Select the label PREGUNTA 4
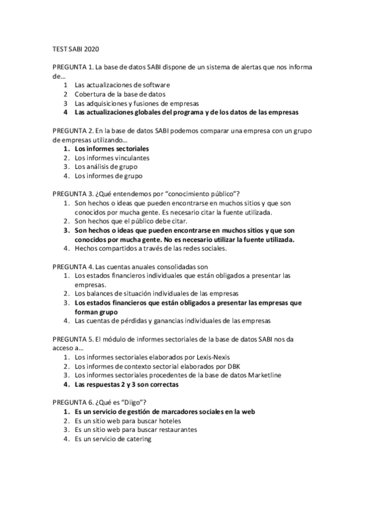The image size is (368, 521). click(72, 267)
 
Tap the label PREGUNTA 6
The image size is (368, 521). click(72, 401)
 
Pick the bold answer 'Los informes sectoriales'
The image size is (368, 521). click(112, 149)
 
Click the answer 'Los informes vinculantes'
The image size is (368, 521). click(112, 157)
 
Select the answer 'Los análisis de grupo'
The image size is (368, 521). click(106, 166)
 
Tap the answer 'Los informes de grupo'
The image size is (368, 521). click(108, 175)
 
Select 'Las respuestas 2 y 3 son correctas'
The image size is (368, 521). click(127, 385)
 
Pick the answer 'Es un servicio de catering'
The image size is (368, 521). click(113, 439)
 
